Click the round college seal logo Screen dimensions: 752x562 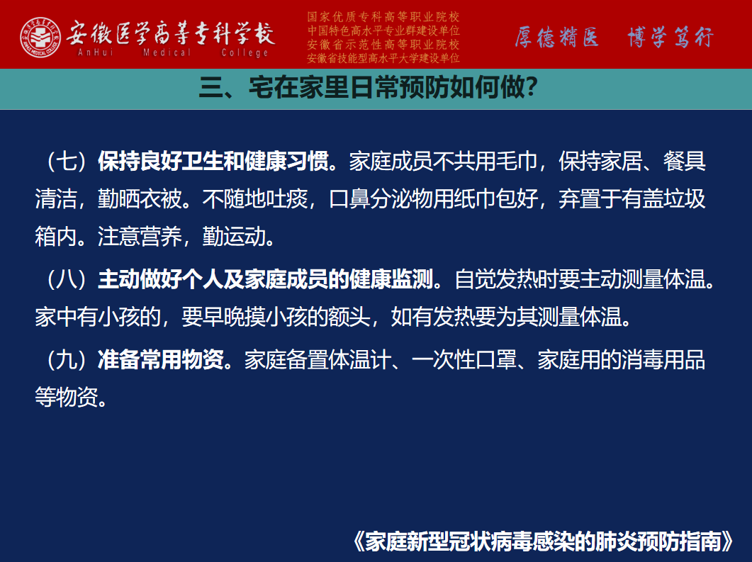[x=40, y=38]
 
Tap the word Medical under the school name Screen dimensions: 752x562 [x=167, y=52]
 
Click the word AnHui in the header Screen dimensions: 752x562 [x=96, y=52]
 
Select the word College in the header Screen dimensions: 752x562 [x=245, y=52]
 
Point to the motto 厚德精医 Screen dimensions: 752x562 [x=557, y=37]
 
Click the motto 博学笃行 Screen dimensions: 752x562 [x=670, y=37]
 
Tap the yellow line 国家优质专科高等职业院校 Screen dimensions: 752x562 [x=383, y=17]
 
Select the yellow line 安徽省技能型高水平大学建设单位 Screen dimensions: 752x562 [x=383, y=58]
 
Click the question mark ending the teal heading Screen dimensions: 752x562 [x=532, y=88]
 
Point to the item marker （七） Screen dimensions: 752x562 [x=67, y=161]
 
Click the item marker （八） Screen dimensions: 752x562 [x=67, y=279]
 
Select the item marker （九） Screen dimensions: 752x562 [x=67, y=359]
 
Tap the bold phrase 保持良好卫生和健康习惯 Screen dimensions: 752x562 [x=213, y=161]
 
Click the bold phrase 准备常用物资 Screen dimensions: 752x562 [x=161, y=359]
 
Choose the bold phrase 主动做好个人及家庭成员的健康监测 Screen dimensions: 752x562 [x=266, y=279]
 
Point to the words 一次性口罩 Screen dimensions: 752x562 [x=464, y=359]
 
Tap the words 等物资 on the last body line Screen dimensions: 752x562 [x=66, y=397]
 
